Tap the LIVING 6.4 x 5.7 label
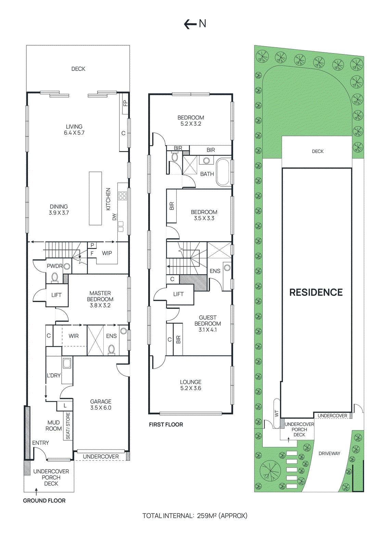(74, 130)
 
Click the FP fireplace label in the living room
(125, 103)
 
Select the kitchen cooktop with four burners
(122, 196)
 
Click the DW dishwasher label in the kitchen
(115, 217)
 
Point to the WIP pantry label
(107, 253)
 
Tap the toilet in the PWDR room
(55, 277)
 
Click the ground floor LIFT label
(56, 295)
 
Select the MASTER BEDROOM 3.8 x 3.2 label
(100, 299)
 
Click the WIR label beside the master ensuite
(74, 336)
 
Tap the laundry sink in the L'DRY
(67, 363)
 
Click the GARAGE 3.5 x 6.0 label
(101, 404)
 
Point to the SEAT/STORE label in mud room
(68, 426)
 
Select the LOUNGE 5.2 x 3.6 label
(191, 385)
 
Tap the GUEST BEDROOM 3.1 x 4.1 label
(207, 324)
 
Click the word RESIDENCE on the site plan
(316, 292)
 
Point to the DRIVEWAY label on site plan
(329, 453)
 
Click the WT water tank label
(276, 413)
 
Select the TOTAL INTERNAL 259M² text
(195, 515)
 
